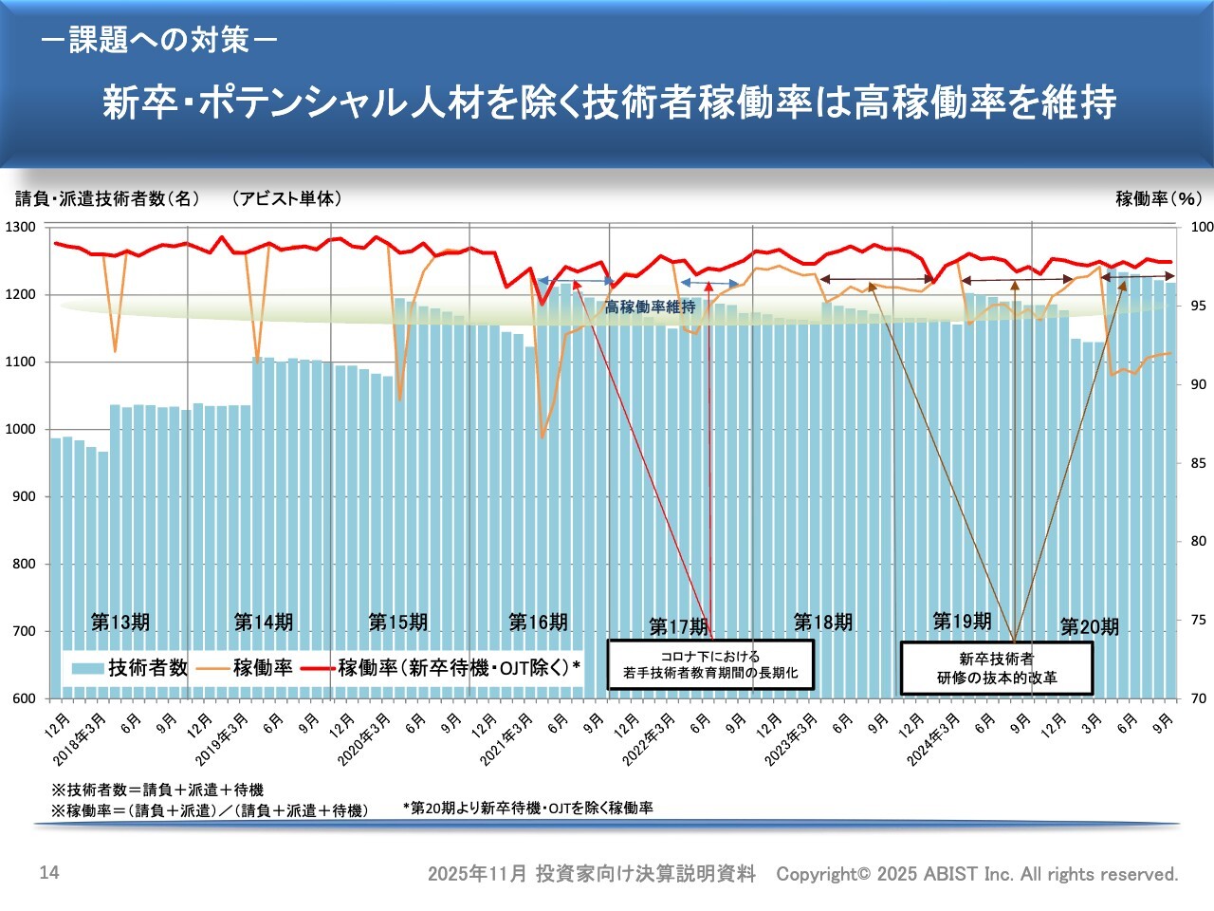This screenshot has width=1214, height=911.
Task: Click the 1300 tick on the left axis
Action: (20, 227)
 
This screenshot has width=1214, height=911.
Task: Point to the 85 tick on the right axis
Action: (1198, 463)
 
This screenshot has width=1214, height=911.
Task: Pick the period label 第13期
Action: (120, 623)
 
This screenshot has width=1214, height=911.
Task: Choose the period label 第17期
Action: (678, 627)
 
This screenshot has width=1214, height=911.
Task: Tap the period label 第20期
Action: (1089, 627)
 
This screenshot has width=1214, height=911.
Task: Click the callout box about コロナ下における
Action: (710, 664)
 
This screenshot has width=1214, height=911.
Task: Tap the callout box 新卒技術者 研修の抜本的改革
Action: (997, 668)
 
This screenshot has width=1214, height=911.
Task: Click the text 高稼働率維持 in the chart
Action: (650, 307)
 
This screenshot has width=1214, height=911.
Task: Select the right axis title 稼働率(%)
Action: (1158, 198)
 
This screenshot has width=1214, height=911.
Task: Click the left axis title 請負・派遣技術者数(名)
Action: (108, 198)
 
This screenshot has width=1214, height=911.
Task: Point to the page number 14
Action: (49, 872)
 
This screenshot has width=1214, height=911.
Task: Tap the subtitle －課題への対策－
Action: (159, 40)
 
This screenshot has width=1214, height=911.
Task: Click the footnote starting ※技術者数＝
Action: (157, 790)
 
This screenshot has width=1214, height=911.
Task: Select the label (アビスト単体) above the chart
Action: (286, 198)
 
